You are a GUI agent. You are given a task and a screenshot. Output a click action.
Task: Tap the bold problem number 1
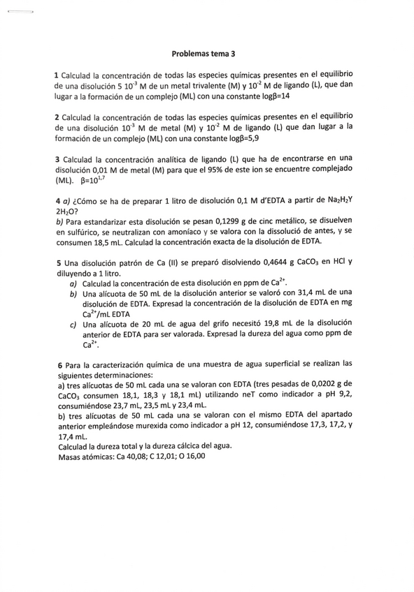pyautogui.click(x=57, y=75)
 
